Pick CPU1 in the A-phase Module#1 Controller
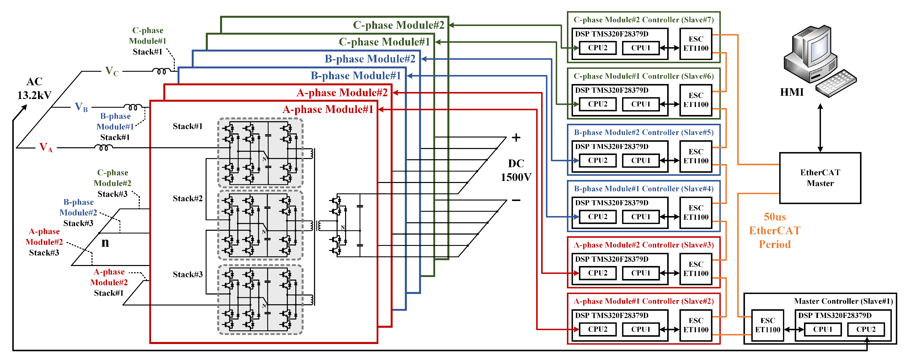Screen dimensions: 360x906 click(640, 329)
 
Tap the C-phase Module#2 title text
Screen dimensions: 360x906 click(399, 25)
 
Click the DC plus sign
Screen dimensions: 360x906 click(516, 137)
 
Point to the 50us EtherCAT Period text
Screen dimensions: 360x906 click(774, 230)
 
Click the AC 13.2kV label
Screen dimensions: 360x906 click(35, 88)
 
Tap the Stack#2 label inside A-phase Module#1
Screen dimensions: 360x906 click(188, 199)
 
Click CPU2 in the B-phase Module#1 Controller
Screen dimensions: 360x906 click(598, 217)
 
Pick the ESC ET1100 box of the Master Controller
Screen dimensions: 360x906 click(767, 325)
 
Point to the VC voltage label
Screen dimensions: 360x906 click(112, 71)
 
